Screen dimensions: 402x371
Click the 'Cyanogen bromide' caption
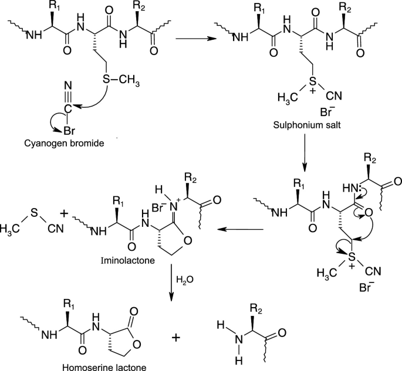(64, 143)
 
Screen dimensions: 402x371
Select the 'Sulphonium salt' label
(307, 125)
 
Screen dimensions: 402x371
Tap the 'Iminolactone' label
(128, 260)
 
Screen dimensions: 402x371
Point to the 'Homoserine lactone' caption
(104, 367)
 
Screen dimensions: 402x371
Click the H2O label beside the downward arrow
(185, 280)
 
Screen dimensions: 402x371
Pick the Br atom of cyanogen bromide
(69, 131)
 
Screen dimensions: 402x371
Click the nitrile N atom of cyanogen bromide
(68, 86)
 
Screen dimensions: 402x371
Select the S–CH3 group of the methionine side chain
(121, 80)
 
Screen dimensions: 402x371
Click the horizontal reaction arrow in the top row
(196, 39)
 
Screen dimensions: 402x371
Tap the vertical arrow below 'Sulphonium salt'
(305, 152)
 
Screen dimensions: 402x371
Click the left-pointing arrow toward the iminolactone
(240, 229)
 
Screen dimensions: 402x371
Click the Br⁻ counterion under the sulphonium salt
(326, 112)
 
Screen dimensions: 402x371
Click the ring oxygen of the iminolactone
(187, 241)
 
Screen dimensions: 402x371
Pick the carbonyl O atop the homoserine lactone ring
(134, 311)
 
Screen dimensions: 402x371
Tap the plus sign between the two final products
(176, 338)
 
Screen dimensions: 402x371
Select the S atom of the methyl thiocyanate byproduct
(34, 213)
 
